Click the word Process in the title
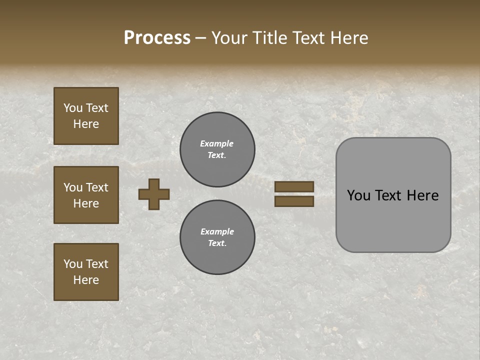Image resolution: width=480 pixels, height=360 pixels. pos(157,37)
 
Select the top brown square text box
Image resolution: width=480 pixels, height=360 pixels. pos(86,116)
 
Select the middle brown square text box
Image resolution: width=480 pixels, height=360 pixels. pos(86,195)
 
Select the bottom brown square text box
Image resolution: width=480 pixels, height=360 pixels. pos(86,271)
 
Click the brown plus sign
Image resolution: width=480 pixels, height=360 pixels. pos(154,194)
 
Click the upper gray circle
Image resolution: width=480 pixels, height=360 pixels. pos(217,149)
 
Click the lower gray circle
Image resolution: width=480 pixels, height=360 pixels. pos(217,237)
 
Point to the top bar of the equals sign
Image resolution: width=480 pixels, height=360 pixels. pos(294,186)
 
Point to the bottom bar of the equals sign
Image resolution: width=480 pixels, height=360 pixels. pos(294,201)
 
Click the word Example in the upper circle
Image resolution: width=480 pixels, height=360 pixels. pos(217,143)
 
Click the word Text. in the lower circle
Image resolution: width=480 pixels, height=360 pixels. pos(217,243)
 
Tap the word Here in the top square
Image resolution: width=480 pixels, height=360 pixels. pos(86,124)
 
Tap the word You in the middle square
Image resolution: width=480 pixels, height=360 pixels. pos(73,187)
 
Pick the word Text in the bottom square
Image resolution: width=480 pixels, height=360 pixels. pos(97,264)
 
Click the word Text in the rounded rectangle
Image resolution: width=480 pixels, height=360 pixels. pos(387,195)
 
